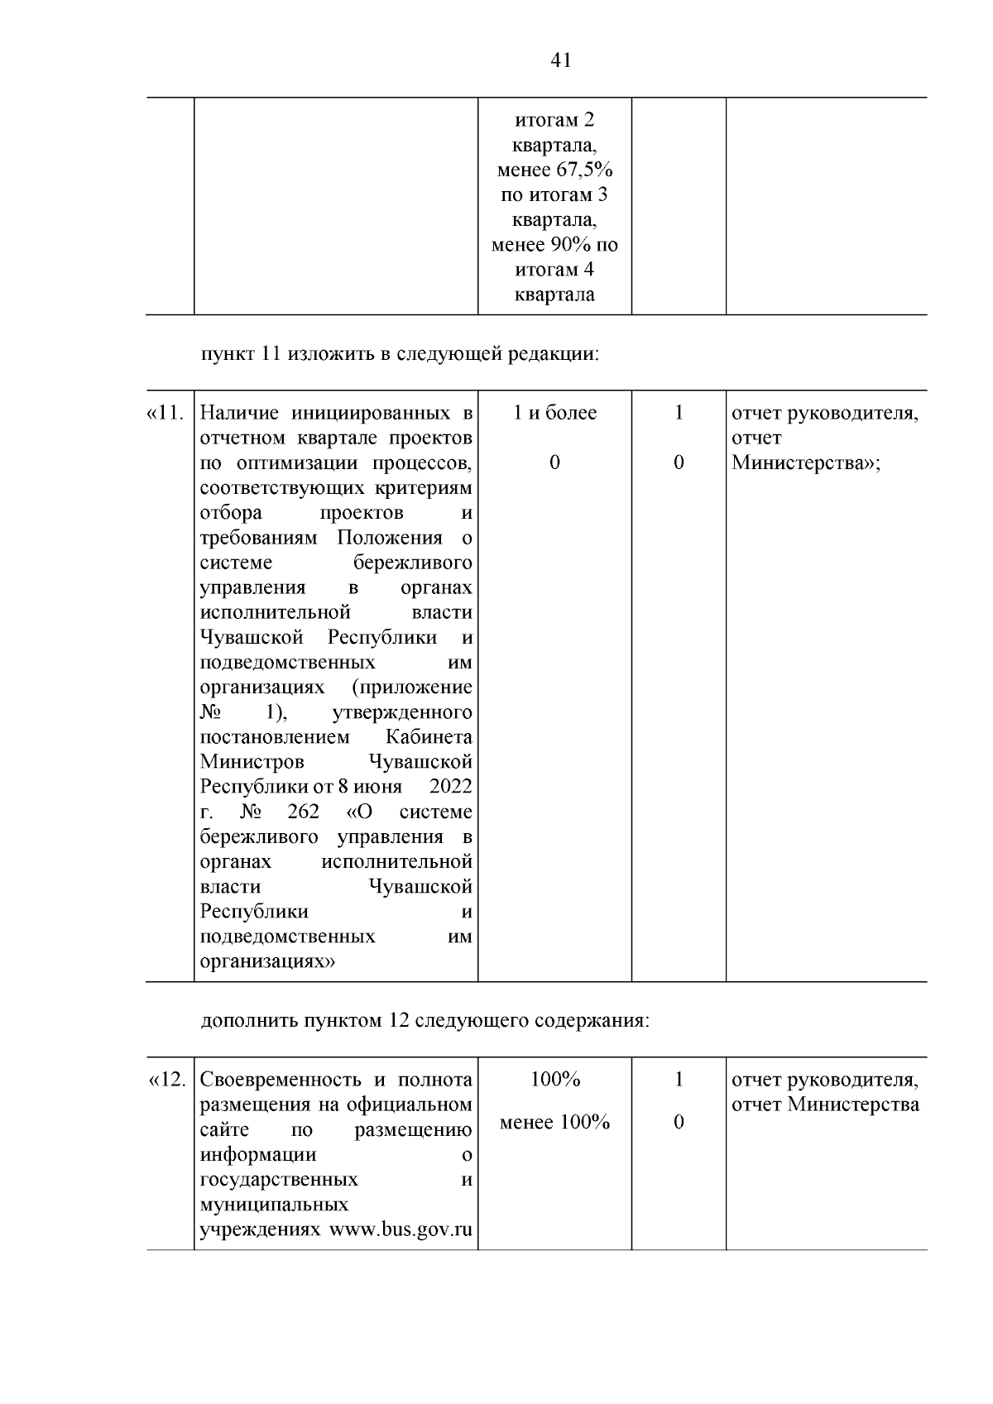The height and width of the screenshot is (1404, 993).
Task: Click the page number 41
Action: click(x=560, y=60)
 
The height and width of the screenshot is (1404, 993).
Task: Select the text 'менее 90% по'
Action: click(x=554, y=245)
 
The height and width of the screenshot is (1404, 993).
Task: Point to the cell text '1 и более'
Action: click(x=554, y=413)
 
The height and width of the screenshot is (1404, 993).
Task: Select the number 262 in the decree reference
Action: click(x=303, y=812)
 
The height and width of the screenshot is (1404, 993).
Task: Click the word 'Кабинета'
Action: click(x=429, y=736)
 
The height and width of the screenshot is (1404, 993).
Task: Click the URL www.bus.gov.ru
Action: click(x=401, y=1229)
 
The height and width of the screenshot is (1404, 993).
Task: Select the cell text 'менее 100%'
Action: click(x=554, y=1123)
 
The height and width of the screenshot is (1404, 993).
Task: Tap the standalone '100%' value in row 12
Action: click(x=554, y=1080)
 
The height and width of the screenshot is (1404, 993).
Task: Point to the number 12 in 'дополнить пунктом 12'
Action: click(x=397, y=1020)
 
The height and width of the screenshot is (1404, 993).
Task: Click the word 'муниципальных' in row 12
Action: click(x=274, y=1204)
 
